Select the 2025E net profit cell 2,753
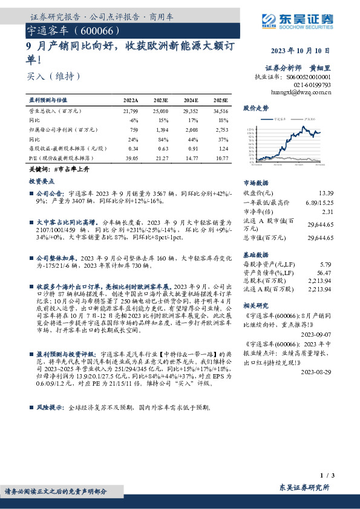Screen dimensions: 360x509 point(221,129)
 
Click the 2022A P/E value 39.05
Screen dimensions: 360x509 point(131,158)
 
